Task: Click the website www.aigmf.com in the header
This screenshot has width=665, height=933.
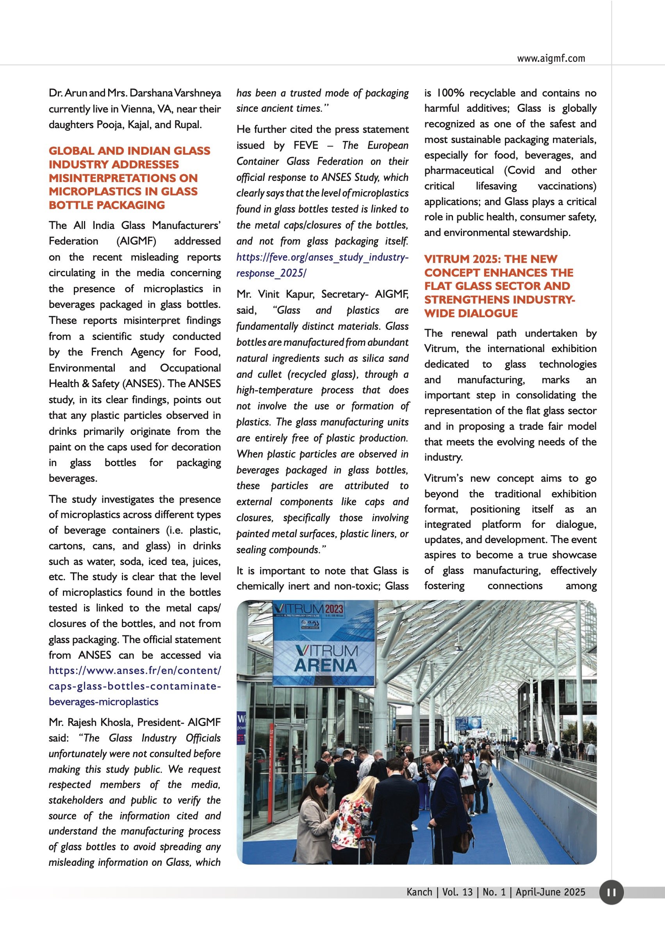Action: [x=551, y=58]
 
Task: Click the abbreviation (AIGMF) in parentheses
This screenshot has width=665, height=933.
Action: [x=136, y=241]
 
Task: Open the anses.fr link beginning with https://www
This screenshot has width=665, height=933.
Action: [x=134, y=670]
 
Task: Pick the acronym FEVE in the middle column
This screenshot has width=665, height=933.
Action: [x=305, y=145]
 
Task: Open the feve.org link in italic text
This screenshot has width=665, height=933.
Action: [x=322, y=257]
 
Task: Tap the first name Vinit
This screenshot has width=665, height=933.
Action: [x=269, y=294]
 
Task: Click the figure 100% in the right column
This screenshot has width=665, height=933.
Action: [x=449, y=93]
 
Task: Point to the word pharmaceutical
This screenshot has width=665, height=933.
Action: [x=458, y=170]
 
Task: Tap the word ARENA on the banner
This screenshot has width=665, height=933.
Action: [x=326, y=665]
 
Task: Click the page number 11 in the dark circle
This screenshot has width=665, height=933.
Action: [x=611, y=892]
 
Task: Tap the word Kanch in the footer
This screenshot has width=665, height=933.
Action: [x=419, y=892]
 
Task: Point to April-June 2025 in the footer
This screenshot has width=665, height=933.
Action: [x=550, y=892]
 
